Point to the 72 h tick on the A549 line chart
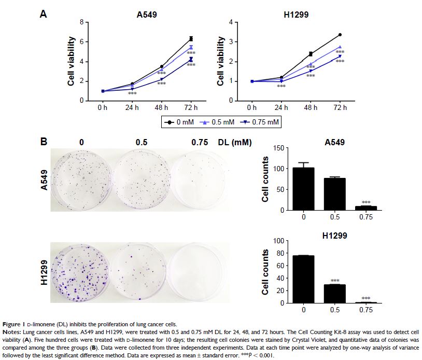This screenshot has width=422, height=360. [x=191, y=108]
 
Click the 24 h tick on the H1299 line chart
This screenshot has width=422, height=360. [x=281, y=108]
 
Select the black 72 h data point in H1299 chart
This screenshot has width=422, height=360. [x=340, y=35]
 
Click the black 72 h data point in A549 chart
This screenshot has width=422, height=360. [x=191, y=38]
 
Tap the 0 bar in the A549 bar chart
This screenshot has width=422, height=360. [x=304, y=189]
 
